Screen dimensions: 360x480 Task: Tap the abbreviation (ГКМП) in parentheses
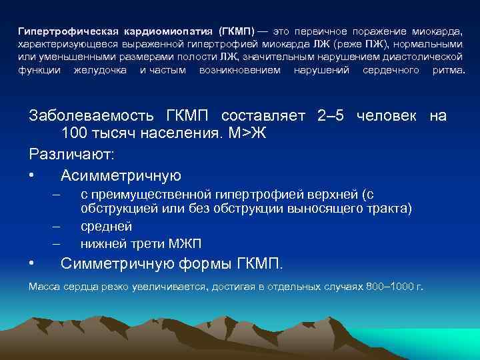239,32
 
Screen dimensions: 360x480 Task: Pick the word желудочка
100,70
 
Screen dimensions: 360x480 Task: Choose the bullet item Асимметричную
121,175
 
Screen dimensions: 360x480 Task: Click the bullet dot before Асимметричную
32,176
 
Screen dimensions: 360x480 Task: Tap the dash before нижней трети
57,243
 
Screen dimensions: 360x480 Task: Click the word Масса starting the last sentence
45,287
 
